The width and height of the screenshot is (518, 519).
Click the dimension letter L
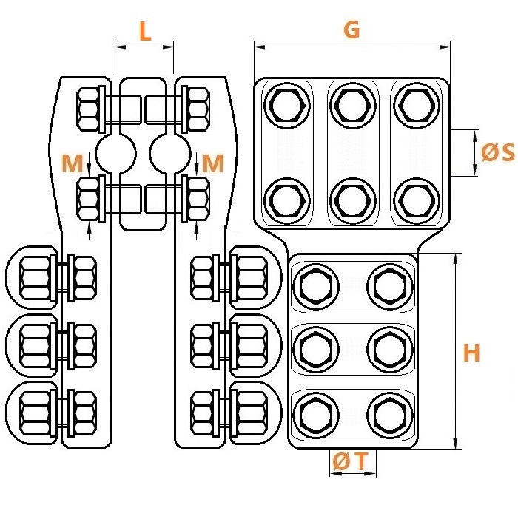point(145,32)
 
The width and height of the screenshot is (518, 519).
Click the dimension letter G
point(351,30)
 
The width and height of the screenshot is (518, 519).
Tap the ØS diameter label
point(498,152)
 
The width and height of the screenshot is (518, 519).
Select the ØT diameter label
point(351,461)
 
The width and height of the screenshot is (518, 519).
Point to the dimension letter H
point(471,353)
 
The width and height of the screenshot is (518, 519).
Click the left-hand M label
point(73,163)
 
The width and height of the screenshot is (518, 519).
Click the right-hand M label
point(213,163)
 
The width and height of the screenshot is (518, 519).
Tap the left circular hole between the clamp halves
point(116,154)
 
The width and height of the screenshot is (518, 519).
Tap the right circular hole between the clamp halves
point(170,154)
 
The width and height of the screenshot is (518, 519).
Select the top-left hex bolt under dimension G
point(287,105)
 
